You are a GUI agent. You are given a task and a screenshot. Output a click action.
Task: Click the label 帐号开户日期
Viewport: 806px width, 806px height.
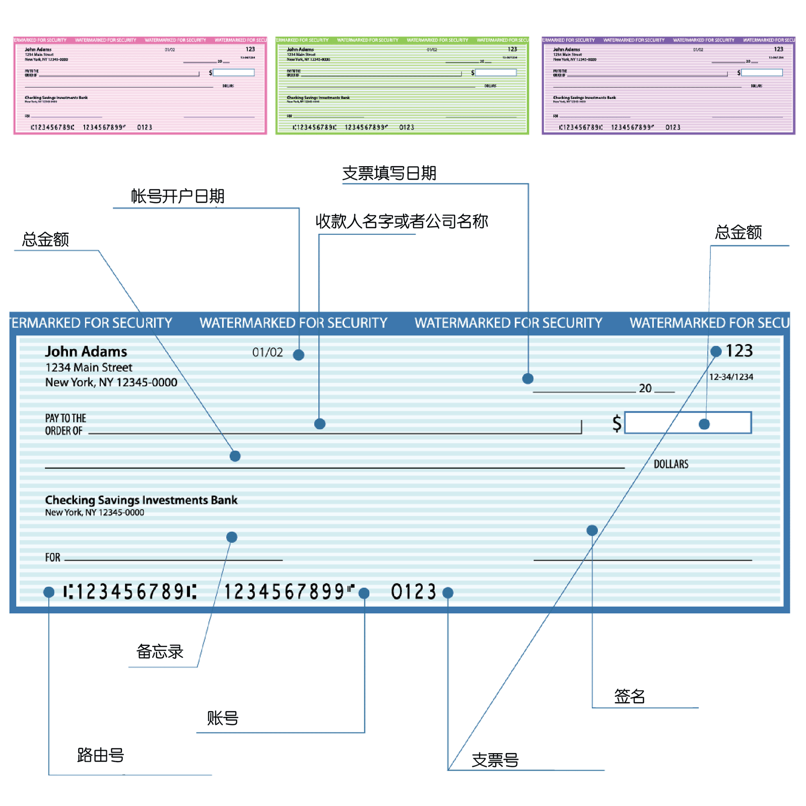point(177,196)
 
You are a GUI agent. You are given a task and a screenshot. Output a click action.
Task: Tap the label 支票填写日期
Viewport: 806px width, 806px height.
point(389,173)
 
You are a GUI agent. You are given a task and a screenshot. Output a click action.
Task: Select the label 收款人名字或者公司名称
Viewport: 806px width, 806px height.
point(401,221)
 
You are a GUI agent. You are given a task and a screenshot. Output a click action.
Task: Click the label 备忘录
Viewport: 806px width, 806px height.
point(160,651)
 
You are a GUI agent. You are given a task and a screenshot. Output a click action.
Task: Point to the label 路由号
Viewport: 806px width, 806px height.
point(100,755)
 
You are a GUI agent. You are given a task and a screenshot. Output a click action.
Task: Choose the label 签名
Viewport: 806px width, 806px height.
point(629,696)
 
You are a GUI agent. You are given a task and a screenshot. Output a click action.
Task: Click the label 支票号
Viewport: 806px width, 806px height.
point(495,760)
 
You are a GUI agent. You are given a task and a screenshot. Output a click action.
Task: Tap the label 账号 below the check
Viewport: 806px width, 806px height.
point(222,718)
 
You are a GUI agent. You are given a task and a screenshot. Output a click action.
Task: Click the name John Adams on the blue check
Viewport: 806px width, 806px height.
point(86,352)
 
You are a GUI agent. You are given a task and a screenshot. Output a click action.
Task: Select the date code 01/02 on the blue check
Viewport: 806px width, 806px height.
point(267,352)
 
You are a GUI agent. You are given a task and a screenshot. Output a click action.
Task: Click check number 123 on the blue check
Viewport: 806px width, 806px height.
point(739,351)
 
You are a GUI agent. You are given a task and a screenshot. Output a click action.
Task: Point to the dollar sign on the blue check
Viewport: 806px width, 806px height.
point(617,423)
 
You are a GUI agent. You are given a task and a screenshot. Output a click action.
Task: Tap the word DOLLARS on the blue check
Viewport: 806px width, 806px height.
point(670,464)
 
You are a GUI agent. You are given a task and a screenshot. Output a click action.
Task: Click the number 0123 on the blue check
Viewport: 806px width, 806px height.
point(414,592)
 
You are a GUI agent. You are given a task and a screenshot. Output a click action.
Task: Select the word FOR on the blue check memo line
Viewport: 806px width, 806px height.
point(52,557)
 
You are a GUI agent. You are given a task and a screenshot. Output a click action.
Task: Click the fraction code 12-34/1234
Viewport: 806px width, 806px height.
point(731,377)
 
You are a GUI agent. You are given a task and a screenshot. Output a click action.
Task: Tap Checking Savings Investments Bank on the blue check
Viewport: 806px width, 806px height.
point(141,500)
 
